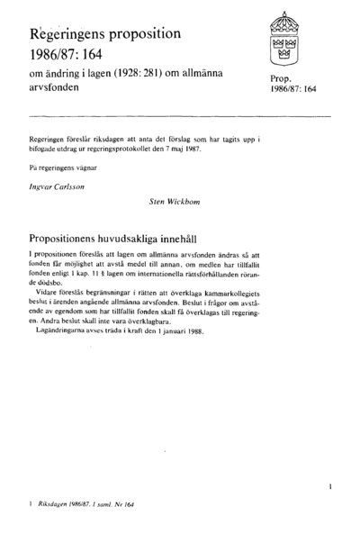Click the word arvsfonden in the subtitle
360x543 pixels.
(x=54, y=89)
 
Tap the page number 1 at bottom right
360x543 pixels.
(x=330, y=486)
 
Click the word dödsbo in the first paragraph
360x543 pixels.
(x=45, y=283)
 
